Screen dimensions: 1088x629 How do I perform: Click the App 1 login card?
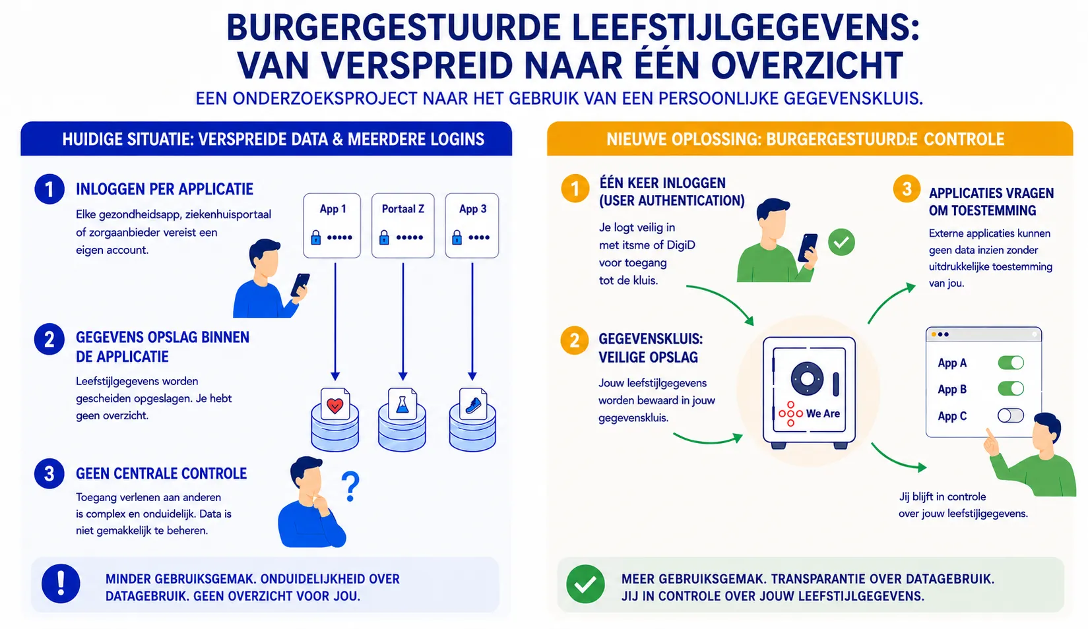332,225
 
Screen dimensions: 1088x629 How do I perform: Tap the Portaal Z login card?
402,225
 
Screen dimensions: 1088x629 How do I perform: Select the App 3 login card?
472,225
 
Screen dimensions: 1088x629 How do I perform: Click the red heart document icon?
335,404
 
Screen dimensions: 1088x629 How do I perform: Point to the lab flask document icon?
402,404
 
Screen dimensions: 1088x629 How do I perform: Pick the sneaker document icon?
473,404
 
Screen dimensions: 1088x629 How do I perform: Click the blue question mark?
350,487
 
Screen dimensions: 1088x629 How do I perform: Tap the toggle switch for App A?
1011,363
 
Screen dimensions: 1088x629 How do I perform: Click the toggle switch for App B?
1011,389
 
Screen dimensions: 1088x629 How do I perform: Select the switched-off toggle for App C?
1011,415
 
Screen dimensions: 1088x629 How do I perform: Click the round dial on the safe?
807,378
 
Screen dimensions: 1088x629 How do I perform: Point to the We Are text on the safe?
823,413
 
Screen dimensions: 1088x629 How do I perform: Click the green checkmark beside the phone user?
841,242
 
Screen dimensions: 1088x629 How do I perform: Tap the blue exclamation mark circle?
61,584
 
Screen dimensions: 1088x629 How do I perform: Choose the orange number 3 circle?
907,189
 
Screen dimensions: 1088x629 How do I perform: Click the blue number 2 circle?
49,340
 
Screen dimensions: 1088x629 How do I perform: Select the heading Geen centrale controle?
161,473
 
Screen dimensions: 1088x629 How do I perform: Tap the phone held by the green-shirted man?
808,249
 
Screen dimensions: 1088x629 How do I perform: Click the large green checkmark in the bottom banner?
585,584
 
